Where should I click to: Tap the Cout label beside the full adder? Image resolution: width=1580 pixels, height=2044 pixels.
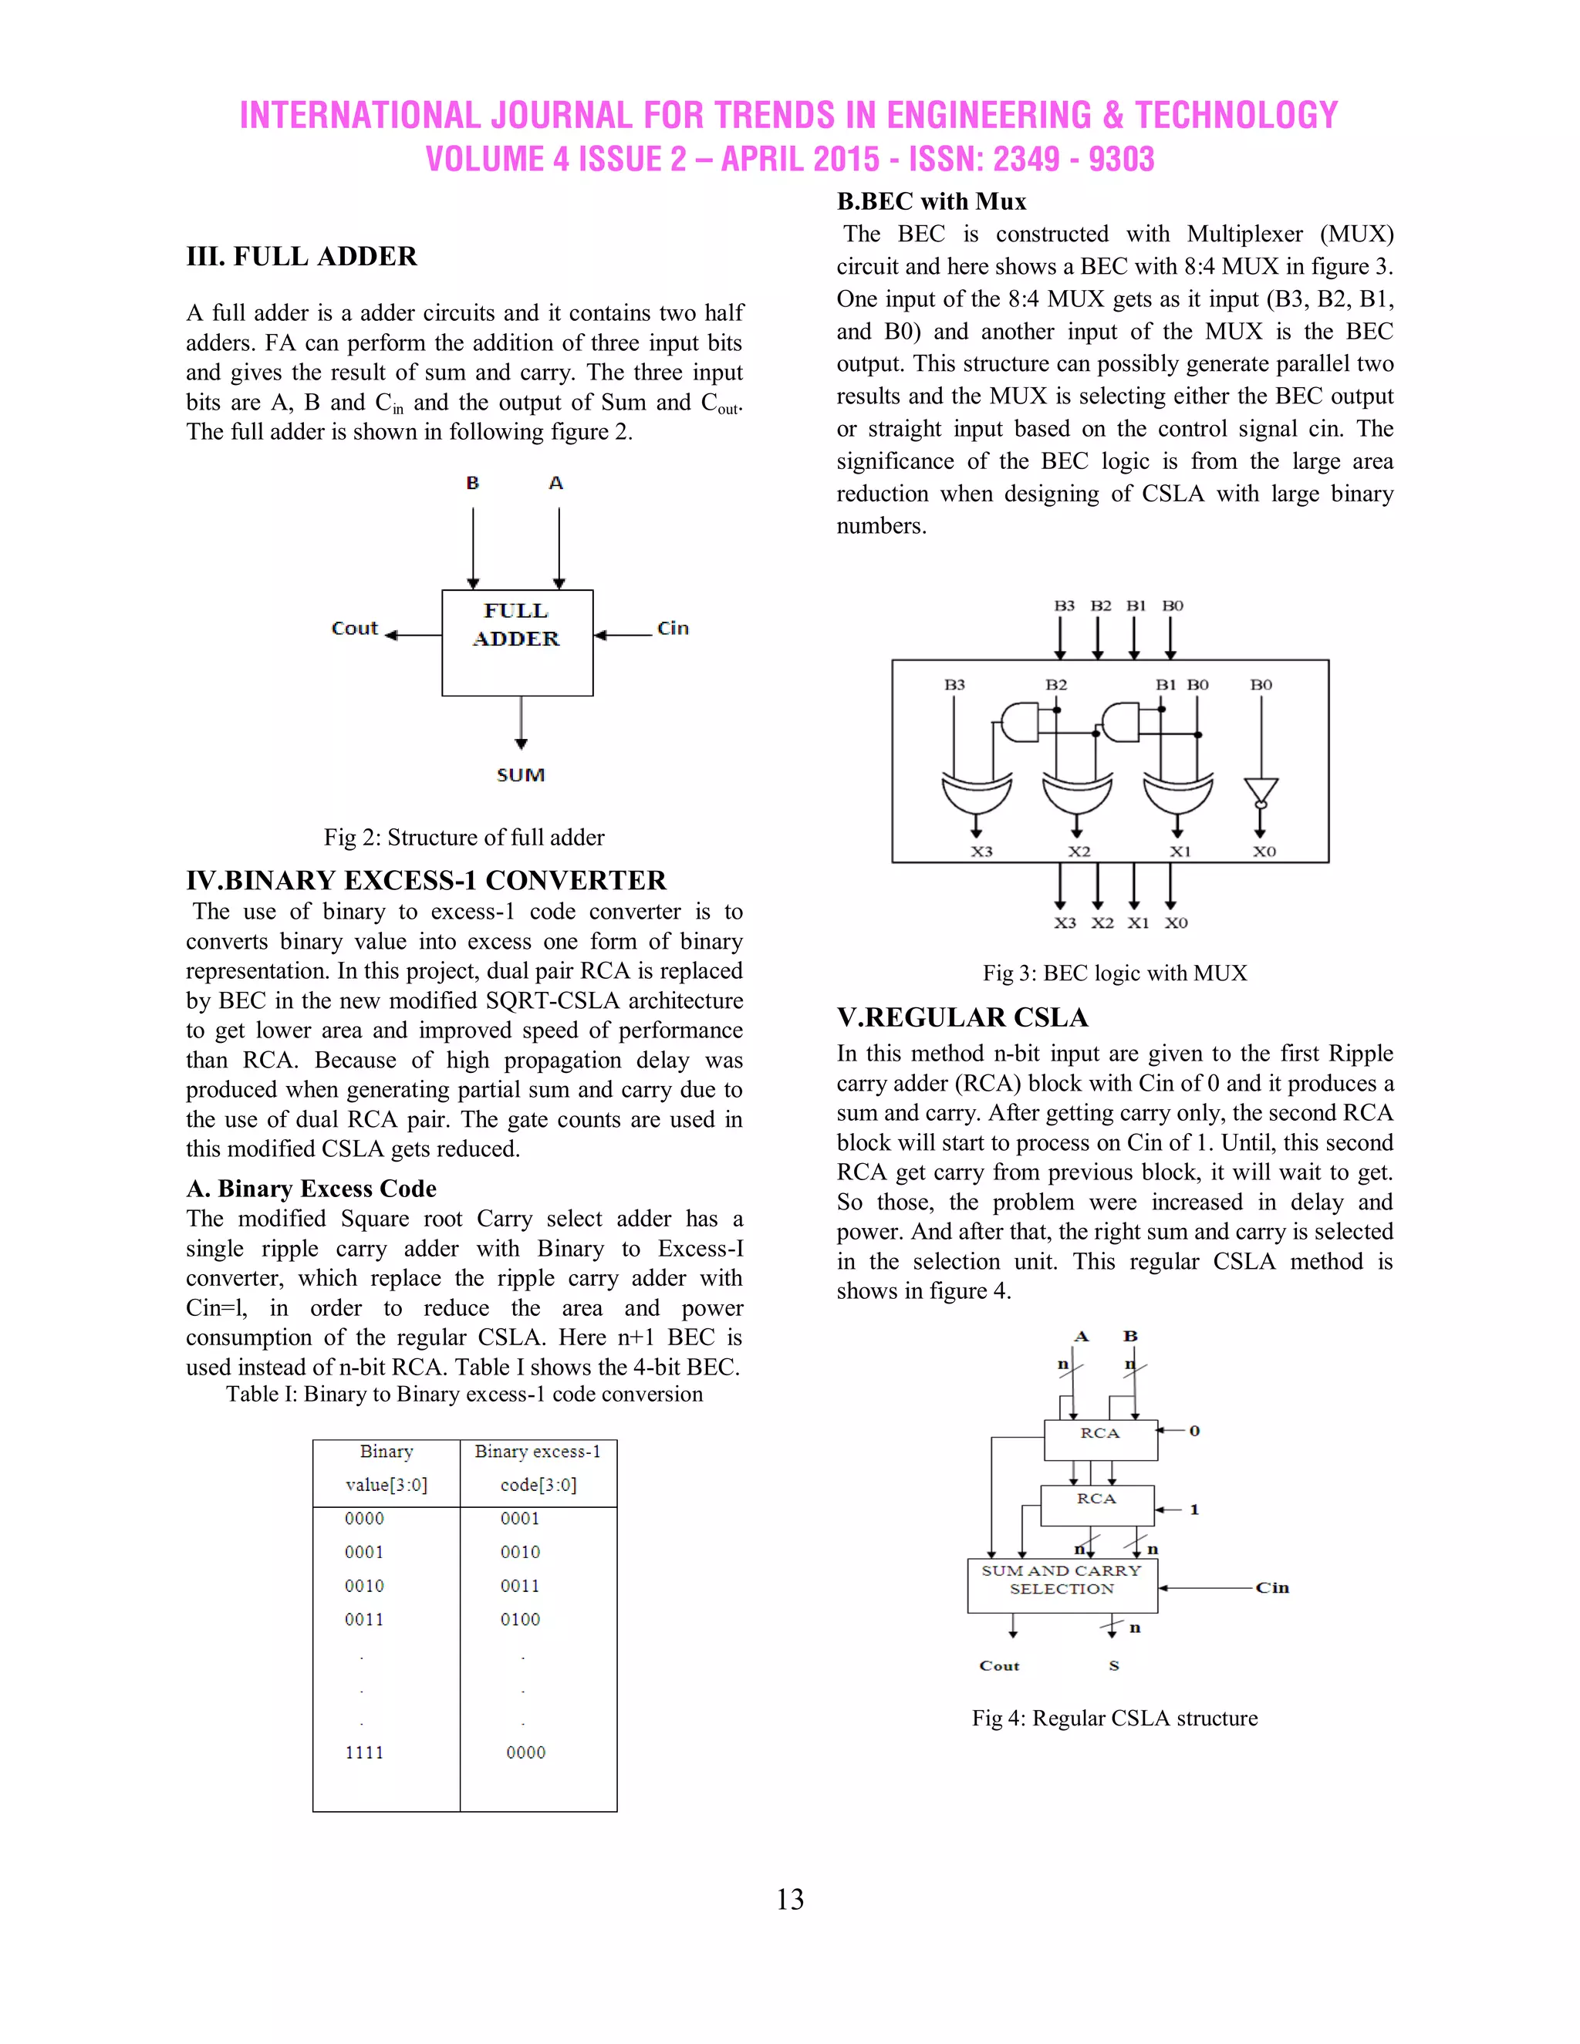point(354,628)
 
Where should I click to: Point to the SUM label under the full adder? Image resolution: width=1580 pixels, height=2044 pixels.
point(521,775)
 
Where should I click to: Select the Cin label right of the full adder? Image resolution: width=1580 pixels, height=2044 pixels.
point(673,628)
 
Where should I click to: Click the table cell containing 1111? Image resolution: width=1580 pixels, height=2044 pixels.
point(364,1752)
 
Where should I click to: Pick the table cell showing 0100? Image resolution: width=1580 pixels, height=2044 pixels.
point(521,1619)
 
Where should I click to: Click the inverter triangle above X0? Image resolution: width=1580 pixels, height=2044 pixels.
point(1261,790)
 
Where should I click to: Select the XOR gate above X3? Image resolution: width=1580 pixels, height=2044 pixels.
point(976,794)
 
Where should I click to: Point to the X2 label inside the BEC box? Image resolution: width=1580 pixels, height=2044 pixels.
point(1079,852)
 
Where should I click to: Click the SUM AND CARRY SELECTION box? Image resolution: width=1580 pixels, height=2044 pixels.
point(1062,1585)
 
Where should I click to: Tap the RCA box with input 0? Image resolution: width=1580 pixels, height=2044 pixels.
point(1100,1439)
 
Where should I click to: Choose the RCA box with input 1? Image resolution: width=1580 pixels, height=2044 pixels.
point(1096,1505)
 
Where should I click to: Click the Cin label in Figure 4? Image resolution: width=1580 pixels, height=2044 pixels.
point(1272,1587)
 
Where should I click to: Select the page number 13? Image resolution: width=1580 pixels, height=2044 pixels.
point(789,1899)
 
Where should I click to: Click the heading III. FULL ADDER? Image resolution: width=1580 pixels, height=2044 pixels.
point(302,256)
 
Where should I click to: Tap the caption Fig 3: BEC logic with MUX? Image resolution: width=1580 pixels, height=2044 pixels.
point(1114,973)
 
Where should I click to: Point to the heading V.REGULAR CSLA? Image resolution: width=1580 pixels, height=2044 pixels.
point(962,1017)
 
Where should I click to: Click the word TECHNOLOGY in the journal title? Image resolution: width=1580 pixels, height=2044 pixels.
point(1237,115)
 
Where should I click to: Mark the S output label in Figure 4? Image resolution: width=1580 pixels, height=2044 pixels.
point(1114,1666)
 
